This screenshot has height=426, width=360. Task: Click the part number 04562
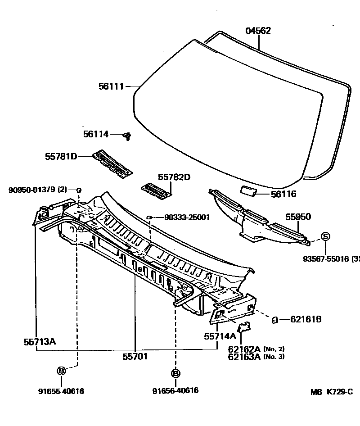click(x=258, y=31)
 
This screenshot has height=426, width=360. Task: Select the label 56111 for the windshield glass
click(x=111, y=86)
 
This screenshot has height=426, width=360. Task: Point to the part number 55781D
click(x=61, y=156)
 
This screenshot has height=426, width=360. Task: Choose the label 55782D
click(x=174, y=177)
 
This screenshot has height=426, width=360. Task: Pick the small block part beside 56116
click(x=248, y=191)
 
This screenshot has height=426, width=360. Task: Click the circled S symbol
click(x=325, y=236)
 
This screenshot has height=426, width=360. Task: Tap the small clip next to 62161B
click(x=274, y=320)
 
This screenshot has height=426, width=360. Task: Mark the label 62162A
click(x=244, y=349)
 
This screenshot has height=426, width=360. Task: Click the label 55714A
click(x=220, y=336)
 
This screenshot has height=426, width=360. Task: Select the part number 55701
click(x=135, y=356)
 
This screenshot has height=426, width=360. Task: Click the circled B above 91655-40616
click(x=62, y=371)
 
